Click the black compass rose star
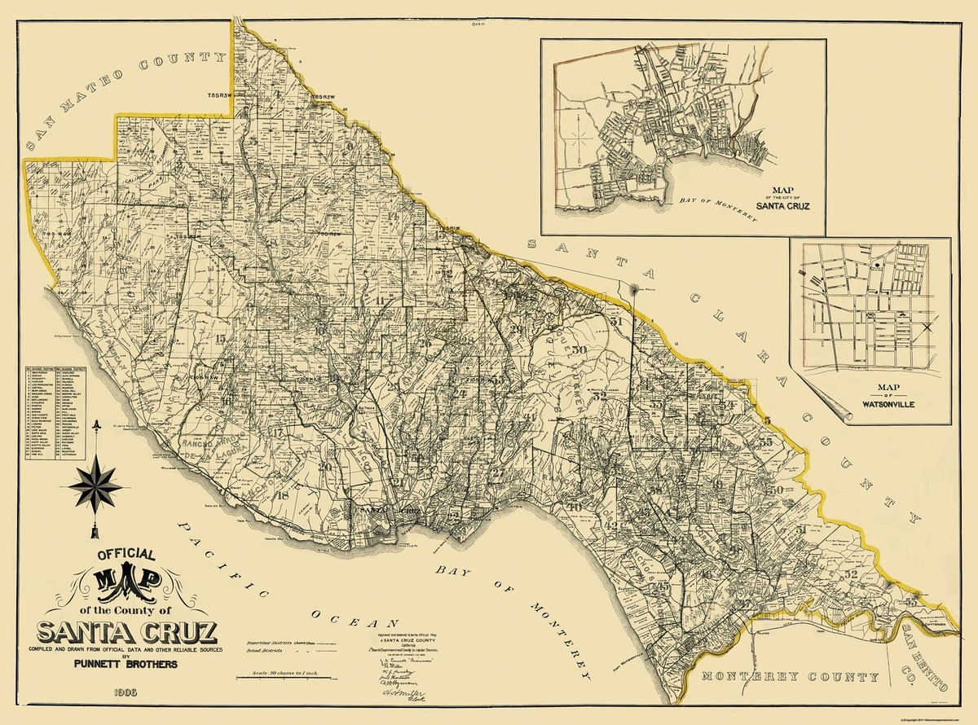point(96,484)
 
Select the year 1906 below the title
point(128,692)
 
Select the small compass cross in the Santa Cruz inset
point(577,138)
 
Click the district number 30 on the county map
point(579,350)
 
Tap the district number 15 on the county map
point(220,338)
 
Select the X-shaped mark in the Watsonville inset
point(927,327)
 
